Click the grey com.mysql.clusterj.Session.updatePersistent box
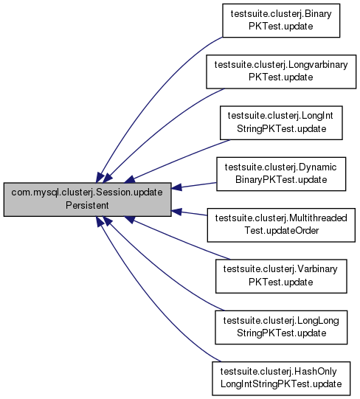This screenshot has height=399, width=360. coord(87,199)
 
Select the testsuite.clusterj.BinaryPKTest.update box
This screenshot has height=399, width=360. coord(281,21)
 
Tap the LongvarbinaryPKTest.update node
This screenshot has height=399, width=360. coord(281,72)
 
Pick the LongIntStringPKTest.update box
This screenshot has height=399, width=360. coord(281,123)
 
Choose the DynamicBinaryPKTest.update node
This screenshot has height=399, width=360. coord(281,174)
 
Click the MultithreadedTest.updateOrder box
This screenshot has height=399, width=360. coord(281,225)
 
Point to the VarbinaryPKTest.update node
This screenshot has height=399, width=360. coord(281,276)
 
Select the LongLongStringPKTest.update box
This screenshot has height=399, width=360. coord(281,327)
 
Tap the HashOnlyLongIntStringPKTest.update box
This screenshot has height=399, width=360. coord(281,378)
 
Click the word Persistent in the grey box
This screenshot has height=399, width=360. coord(87,205)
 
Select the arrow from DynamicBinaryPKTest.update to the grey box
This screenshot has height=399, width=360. coord(194,186)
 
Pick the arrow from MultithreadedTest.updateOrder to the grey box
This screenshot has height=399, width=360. coord(190,213)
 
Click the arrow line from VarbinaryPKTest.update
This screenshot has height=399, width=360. coord(176,238)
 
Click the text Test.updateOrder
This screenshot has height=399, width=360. coord(282,231)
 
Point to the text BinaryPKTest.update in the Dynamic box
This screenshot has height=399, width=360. coord(281,180)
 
